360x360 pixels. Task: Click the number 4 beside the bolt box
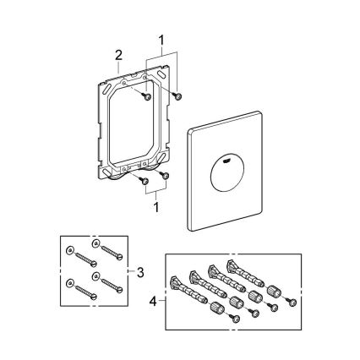tap(154, 301)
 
